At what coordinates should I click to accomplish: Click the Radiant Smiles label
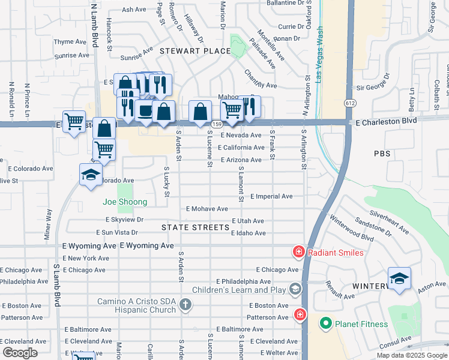pos(336,253)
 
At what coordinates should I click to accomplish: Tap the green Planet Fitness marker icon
pos(326,324)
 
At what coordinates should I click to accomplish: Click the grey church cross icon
pos(185,306)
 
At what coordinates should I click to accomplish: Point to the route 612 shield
pos(350,103)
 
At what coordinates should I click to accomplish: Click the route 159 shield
pos(217,124)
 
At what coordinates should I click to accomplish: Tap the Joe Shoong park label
pos(125,202)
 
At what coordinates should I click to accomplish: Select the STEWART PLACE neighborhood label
pos(195,51)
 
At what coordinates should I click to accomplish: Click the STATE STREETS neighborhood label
pos(196,227)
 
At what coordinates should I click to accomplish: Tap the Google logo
pos(20,353)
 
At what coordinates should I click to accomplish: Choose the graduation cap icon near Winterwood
pos(399,279)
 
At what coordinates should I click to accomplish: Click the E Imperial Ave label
pos(271,196)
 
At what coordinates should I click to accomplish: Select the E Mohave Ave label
pos(207,209)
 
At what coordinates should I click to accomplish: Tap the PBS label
pos(381,154)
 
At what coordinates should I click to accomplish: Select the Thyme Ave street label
pos(70,42)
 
